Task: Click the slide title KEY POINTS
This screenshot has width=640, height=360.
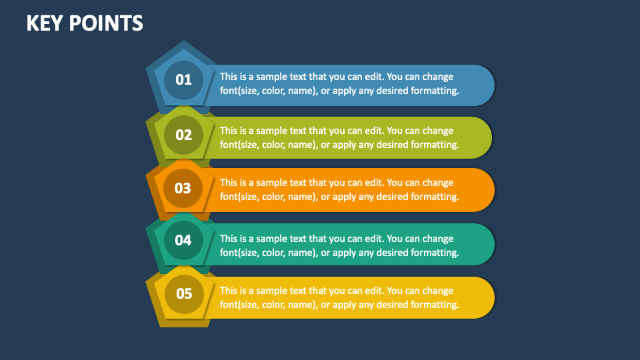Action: click(85, 23)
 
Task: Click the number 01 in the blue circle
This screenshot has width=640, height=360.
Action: click(183, 80)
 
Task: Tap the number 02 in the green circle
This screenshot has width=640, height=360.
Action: click(183, 135)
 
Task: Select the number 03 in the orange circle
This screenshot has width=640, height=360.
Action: click(183, 188)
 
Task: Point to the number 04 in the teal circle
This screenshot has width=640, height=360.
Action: click(183, 240)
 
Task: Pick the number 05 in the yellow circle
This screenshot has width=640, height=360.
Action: click(183, 293)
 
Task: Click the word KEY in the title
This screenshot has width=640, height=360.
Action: click(44, 23)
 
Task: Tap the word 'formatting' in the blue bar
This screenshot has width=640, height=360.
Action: click(434, 91)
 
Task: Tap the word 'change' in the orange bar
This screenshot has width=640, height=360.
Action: click(437, 183)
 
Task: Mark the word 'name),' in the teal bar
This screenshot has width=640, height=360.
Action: click(302, 253)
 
